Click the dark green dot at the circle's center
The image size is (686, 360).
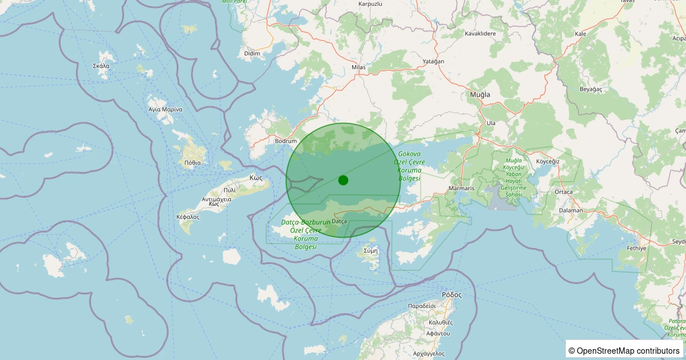pos(343,180)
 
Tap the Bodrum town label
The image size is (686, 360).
pos(286,141)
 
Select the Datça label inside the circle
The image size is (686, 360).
pos(340,221)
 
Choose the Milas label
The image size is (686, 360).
pos(358,67)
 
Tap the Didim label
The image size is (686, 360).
pos(252,54)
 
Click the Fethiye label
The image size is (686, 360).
pos(636,249)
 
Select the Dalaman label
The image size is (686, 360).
pos(571,210)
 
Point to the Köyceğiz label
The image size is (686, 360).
pos(548,161)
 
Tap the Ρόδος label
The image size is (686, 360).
pos(452,295)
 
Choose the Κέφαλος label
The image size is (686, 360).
pos(188,217)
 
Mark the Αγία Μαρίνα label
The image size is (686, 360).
pos(165,109)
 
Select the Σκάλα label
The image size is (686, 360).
pos(101,66)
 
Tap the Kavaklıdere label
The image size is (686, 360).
pos(480,34)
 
